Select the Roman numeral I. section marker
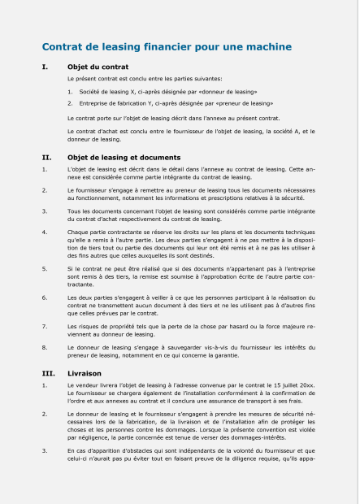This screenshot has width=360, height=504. pos(45,66)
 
